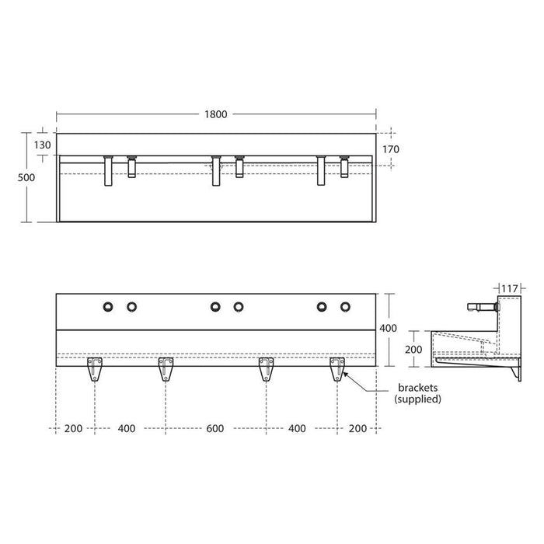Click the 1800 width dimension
(x=216, y=114)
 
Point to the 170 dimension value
(x=390, y=148)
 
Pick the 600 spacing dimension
(x=215, y=428)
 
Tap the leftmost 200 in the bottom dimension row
(x=75, y=428)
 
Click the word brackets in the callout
(x=417, y=386)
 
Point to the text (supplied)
(x=417, y=399)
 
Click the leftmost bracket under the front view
(x=95, y=368)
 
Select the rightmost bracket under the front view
(x=337, y=368)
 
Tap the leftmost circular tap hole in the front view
(x=107, y=306)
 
